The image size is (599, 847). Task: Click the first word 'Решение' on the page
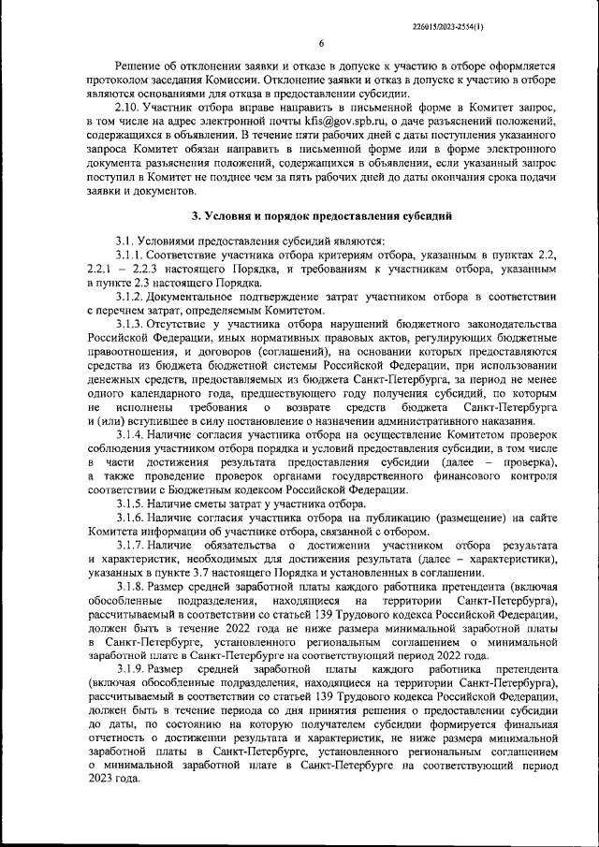pos(140,68)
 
